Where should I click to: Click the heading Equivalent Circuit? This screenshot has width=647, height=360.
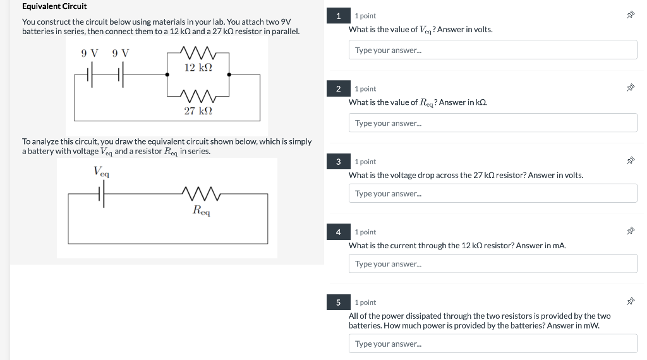click(54, 6)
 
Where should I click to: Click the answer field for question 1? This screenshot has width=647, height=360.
click(492, 50)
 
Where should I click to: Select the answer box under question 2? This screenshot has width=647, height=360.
click(492, 123)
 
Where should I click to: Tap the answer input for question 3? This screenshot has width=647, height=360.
click(492, 193)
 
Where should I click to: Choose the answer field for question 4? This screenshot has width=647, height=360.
click(492, 263)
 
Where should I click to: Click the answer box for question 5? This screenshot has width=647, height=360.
click(492, 344)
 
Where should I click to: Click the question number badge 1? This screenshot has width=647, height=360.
click(339, 16)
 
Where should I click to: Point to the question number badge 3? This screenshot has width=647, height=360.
click(339, 162)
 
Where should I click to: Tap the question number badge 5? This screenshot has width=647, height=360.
click(339, 303)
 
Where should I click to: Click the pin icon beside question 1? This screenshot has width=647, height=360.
click(630, 16)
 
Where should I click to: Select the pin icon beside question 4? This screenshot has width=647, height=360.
click(630, 232)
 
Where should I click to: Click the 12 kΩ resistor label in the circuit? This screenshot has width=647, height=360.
click(198, 67)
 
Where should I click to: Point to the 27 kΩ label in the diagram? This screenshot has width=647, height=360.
click(198, 111)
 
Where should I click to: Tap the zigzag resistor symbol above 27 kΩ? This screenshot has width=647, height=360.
click(198, 96)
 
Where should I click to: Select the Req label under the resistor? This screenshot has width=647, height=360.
click(202, 210)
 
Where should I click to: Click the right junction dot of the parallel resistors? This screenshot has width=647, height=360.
click(229, 75)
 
